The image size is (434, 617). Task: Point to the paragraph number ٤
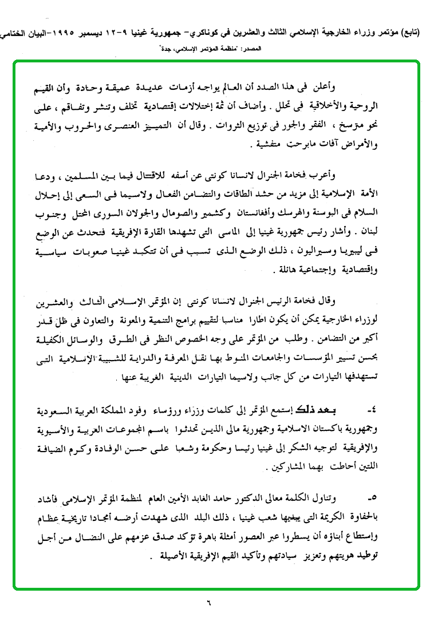point(372,411)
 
